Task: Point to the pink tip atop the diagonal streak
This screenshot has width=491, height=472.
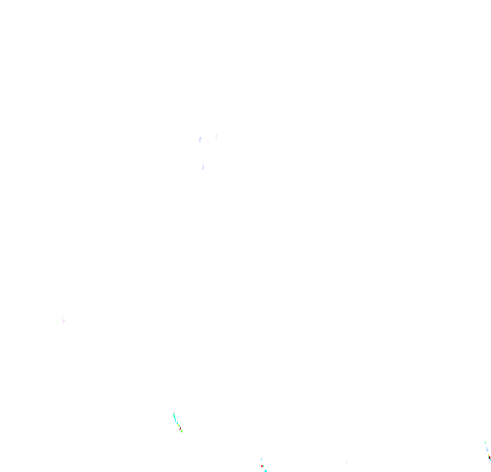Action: pos(174,412)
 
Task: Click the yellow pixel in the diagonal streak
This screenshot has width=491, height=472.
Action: pos(179,426)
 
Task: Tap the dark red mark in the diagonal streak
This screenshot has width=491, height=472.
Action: pos(180,428)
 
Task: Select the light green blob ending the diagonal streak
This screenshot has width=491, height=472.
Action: pos(181,431)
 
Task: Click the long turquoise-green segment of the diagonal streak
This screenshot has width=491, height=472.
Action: pos(174,416)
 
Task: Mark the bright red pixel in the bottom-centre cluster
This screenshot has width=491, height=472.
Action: pos(262,466)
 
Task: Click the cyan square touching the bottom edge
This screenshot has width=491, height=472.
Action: pos(265,471)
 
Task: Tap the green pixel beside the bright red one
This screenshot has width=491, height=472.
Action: pos(263,466)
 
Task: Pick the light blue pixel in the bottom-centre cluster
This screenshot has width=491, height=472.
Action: pos(261,459)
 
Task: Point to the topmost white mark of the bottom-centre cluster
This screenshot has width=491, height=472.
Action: pos(261,456)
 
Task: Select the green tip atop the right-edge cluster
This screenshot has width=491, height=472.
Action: pos(485,443)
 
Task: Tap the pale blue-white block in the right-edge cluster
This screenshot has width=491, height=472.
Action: pos(487,449)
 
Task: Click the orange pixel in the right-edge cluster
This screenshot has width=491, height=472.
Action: pos(488,455)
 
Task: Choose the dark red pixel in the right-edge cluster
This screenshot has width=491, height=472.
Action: pos(490,458)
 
